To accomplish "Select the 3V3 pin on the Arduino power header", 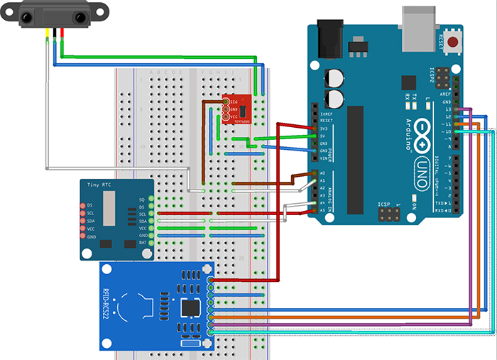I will click(315, 129).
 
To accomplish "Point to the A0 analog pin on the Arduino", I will click(315, 173).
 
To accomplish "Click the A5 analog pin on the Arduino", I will click(315, 210).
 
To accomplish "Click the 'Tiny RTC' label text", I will click(100, 185).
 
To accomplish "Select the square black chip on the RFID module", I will click(190, 308).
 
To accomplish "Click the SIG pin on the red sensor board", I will click(226, 103).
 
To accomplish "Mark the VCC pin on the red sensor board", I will click(226, 117).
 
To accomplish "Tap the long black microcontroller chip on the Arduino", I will click(355, 156).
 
